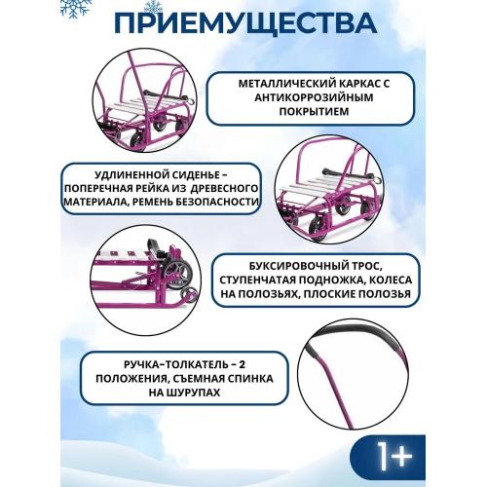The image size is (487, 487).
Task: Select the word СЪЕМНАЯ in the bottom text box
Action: coord(213,380)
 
